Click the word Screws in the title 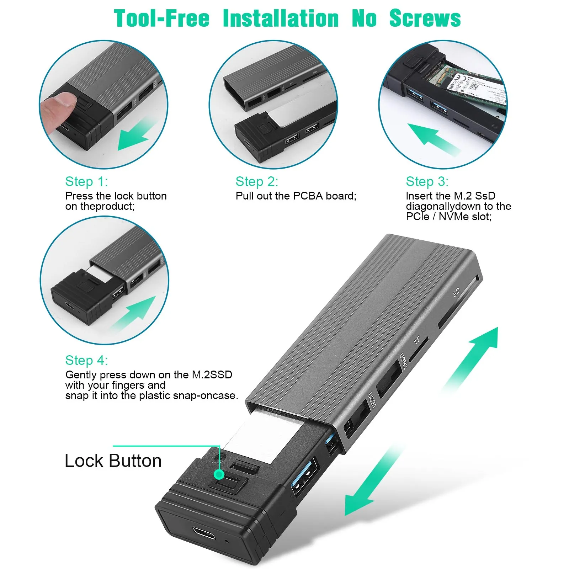tap(425, 18)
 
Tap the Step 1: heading tap(86, 181)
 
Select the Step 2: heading tap(257, 181)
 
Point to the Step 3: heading tap(427, 181)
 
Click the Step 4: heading tap(86, 360)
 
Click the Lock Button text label tap(113, 461)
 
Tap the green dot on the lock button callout tap(220, 474)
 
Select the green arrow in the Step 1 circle tap(137, 135)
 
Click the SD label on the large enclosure tap(456, 292)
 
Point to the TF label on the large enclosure tap(417, 340)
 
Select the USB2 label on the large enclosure tap(403, 361)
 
